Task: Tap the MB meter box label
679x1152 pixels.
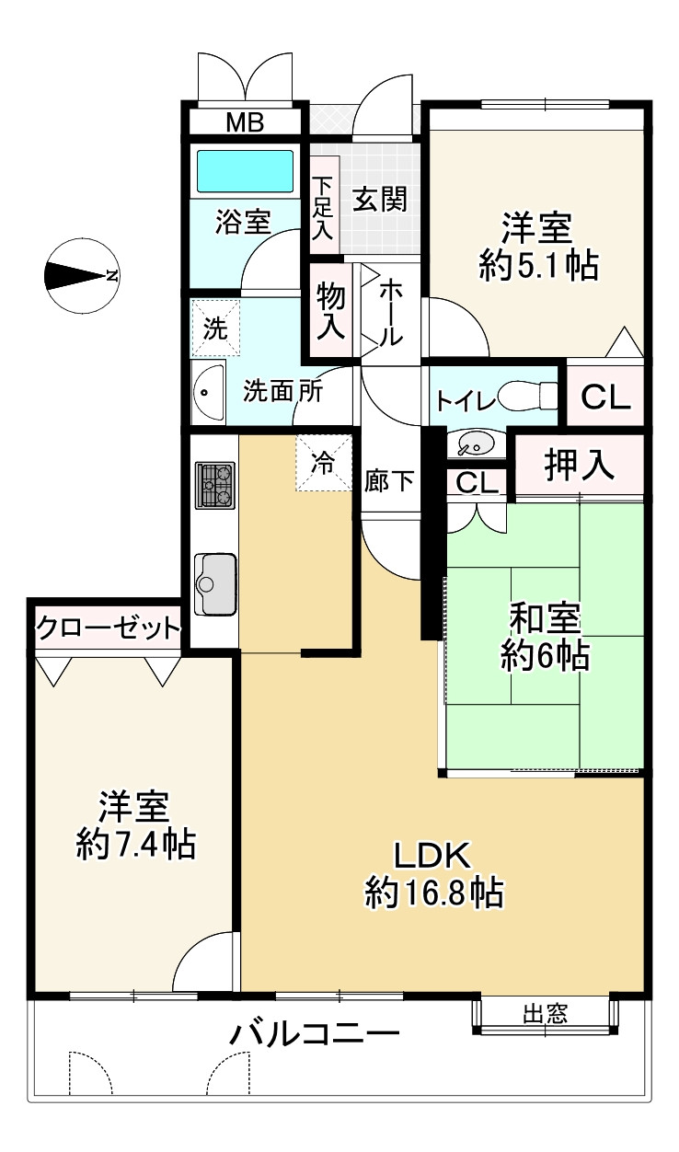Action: click(245, 122)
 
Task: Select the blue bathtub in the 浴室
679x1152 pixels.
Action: click(245, 170)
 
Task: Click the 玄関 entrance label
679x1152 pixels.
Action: click(377, 199)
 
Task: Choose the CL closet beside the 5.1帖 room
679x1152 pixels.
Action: click(606, 397)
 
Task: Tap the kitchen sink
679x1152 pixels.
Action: click(215, 586)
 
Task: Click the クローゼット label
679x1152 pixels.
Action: click(107, 629)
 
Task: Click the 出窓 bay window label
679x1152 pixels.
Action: click(545, 1014)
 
